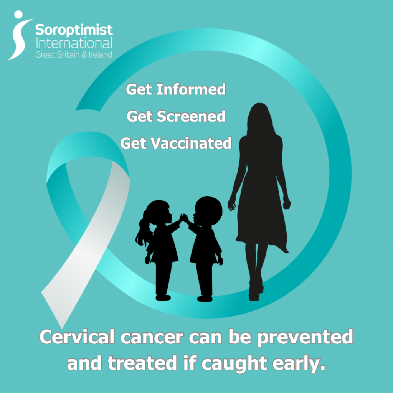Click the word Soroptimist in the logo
pos(74,30)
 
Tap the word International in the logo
pos(74,42)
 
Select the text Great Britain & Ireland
pos(74,54)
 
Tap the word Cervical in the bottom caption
pos(77,337)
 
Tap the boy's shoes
pos(205,298)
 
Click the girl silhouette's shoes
pos(163,297)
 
